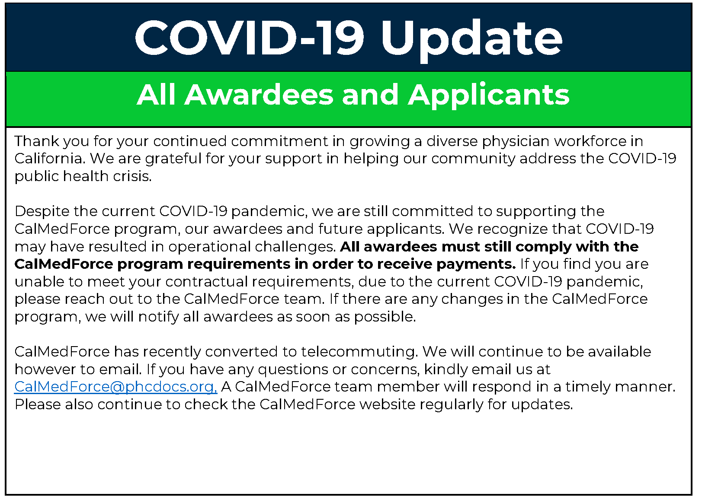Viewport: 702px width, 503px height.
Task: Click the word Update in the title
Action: point(471,40)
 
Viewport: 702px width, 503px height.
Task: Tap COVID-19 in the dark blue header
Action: point(250,38)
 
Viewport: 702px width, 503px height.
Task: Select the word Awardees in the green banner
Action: point(259,95)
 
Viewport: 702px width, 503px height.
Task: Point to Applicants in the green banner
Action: point(489,96)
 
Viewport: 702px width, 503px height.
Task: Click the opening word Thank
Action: point(37,141)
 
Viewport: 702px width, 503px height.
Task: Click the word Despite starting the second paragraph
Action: point(42,212)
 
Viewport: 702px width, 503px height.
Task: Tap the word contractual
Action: point(206,282)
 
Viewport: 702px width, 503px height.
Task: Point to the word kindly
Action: point(446,370)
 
